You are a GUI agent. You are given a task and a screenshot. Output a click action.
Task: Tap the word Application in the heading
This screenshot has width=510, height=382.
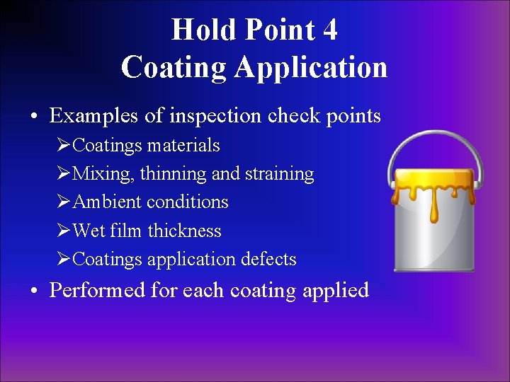(312, 67)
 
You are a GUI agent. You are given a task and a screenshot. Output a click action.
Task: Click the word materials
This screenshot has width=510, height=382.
(183, 146)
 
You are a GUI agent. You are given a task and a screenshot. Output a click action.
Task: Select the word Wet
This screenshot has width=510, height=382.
(89, 231)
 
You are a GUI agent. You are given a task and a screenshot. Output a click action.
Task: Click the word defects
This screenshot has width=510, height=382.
(270, 260)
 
